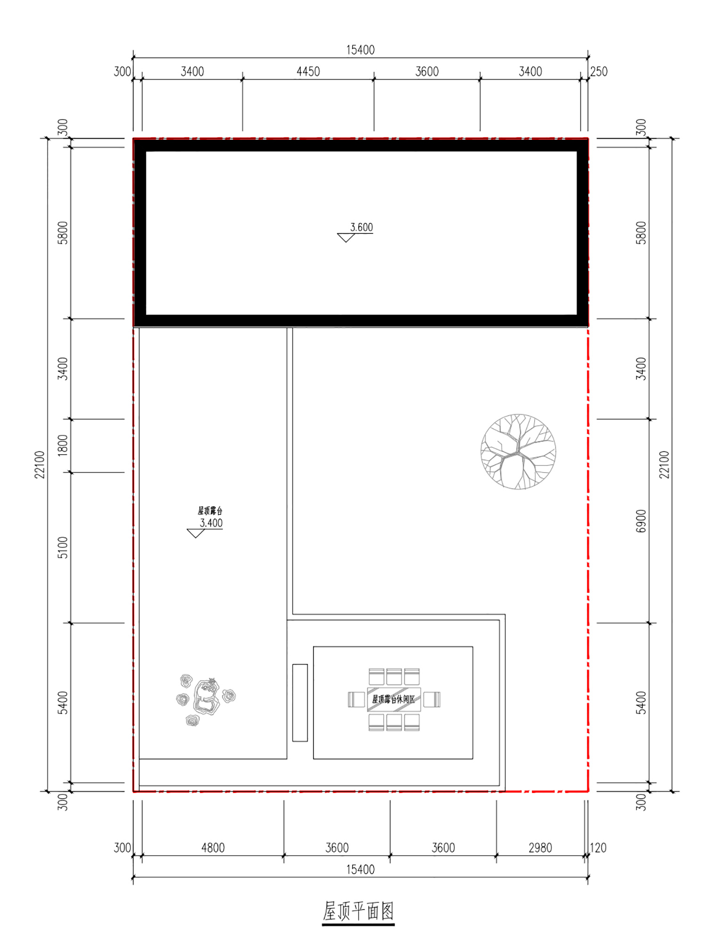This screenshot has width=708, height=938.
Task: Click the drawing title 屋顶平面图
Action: (x=358, y=911)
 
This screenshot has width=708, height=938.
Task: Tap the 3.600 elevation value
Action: (x=362, y=227)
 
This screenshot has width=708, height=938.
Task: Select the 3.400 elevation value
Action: (x=211, y=523)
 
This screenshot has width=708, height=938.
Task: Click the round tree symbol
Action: (x=518, y=452)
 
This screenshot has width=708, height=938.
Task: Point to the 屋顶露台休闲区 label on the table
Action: (x=394, y=699)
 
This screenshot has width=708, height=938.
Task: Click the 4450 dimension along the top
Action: (x=308, y=71)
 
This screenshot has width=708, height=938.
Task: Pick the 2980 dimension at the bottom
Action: (x=540, y=848)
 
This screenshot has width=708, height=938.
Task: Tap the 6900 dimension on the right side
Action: (x=641, y=521)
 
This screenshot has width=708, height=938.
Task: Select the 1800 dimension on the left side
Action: (x=63, y=445)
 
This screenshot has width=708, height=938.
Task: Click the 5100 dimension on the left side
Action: (x=63, y=547)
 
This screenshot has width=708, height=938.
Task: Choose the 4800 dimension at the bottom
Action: (x=213, y=848)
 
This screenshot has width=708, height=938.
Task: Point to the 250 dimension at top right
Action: (x=599, y=71)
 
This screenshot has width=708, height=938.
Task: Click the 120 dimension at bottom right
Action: (x=598, y=848)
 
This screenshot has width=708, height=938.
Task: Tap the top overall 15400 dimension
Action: (x=361, y=50)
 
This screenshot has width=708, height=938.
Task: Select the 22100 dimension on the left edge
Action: (x=40, y=465)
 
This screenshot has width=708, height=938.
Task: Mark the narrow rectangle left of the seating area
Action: (x=300, y=703)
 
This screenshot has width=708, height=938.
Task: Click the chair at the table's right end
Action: (x=432, y=699)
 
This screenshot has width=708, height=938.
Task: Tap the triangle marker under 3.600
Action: (x=346, y=238)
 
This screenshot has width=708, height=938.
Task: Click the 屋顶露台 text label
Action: (x=210, y=511)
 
